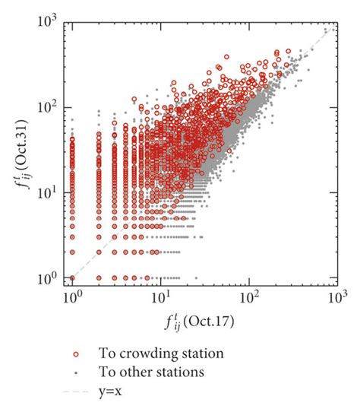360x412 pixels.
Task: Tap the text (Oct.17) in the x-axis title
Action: pos(213,322)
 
